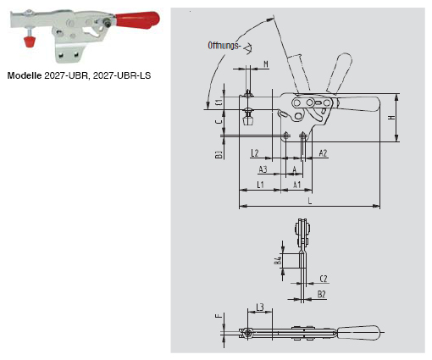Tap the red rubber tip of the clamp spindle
coord(27,41)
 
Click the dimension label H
coord(391,119)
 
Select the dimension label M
coord(265,65)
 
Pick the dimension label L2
coord(255,152)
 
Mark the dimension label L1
coord(261,184)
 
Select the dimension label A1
coord(296,184)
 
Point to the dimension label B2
coord(322,293)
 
